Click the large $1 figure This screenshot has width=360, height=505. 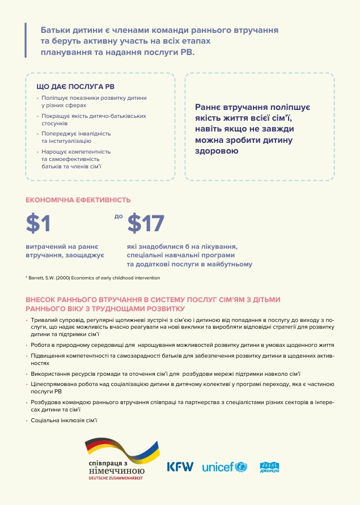pos(39,224)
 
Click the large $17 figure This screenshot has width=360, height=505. pos(146,224)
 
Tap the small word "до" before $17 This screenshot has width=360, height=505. pos(118,216)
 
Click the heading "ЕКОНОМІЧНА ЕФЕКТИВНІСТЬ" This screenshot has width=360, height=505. pos(78,200)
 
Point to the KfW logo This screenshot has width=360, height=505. pos(180,467)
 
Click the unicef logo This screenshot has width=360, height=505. pos(225,468)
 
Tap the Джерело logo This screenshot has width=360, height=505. pos(270,467)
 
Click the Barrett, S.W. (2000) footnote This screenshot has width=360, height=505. pos(93,278)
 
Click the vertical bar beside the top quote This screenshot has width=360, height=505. pos(26,40)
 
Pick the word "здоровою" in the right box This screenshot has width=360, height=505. pos(216,151)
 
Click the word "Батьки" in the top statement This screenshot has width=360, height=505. pos(56,29)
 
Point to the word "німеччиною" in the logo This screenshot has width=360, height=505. pos(117,470)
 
